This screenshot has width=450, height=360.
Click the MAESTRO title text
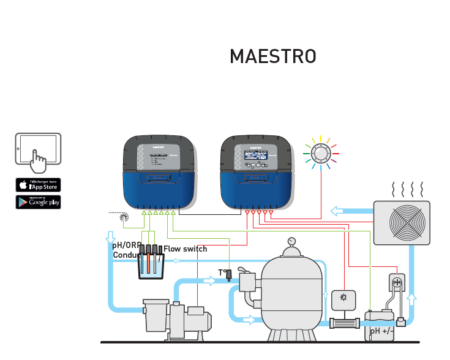pyautogui.click(x=272, y=56)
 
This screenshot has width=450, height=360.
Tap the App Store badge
pyautogui.click(x=38, y=184)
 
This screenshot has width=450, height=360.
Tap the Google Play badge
pyautogui.click(x=38, y=201)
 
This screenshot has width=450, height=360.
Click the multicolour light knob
pyautogui.click(x=321, y=152)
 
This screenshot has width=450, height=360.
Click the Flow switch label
pyautogui.click(x=185, y=249)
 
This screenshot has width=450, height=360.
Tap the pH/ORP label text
pyautogui.click(x=126, y=245)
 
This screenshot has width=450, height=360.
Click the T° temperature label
pyautogui.click(x=223, y=272)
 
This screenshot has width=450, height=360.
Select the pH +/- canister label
pyautogui.click(x=381, y=331)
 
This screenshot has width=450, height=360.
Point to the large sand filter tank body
pyautogui.click(x=291, y=294)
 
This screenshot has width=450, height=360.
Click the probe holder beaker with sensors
pyautogui.click(x=151, y=263)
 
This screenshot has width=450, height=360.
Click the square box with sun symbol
pyautogui.click(x=342, y=299)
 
